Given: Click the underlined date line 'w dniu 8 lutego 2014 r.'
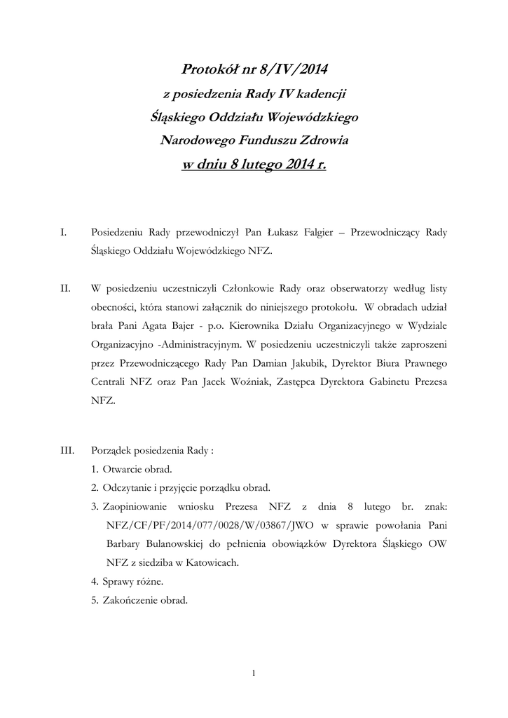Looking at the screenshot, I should click(x=254, y=165).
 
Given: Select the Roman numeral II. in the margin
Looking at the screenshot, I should click(x=65, y=288).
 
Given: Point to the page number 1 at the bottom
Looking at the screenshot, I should click(x=254, y=674).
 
